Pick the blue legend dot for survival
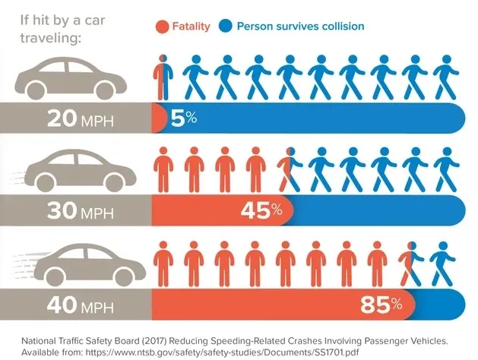(x=226, y=27)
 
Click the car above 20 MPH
(x=71, y=79)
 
